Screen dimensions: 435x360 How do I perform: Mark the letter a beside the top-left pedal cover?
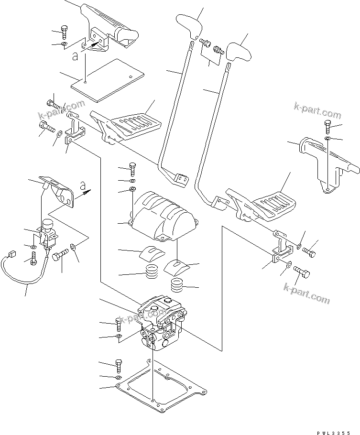(x=74, y=57)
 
